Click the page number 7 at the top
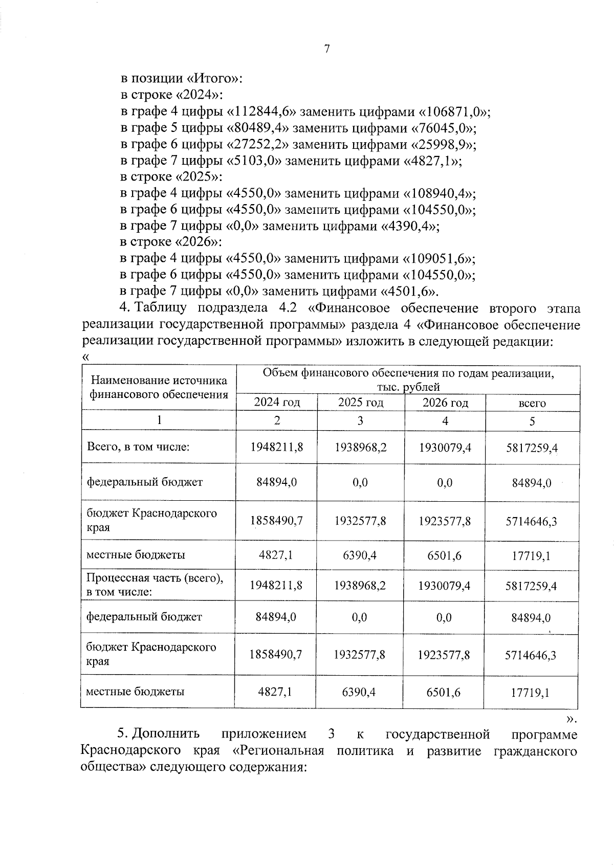(327, 49)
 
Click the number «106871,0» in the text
(454, 112)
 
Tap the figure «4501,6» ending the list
(408, 291)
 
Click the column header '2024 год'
(277, 403)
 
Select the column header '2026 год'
(445, 403)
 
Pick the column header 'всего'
(532, 403)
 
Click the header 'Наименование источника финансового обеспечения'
(159, 387)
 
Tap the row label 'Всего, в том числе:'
(138, 447)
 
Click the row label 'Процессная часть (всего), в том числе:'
(155, 585)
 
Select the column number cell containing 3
(360, 420)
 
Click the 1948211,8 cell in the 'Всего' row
(276, 447)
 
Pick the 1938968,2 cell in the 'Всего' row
(360, 447)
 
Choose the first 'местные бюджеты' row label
(136, 554)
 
